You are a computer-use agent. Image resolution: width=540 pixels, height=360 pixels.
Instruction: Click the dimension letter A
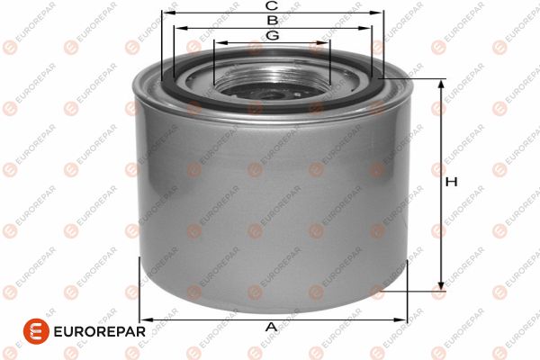tap(271, 327)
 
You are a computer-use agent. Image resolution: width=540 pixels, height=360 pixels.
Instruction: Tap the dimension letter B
tap(271, 20)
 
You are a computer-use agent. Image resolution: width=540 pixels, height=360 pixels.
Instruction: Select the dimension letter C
tap(271, 6)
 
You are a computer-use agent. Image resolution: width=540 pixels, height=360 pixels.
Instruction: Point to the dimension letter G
tap(271, 35)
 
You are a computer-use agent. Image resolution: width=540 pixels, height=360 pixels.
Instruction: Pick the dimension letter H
tap(452, 182)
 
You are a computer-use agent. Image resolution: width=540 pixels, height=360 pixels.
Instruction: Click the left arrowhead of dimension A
tap(145, 319)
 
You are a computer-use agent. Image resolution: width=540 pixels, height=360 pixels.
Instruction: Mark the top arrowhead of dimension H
tap(441, 84)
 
